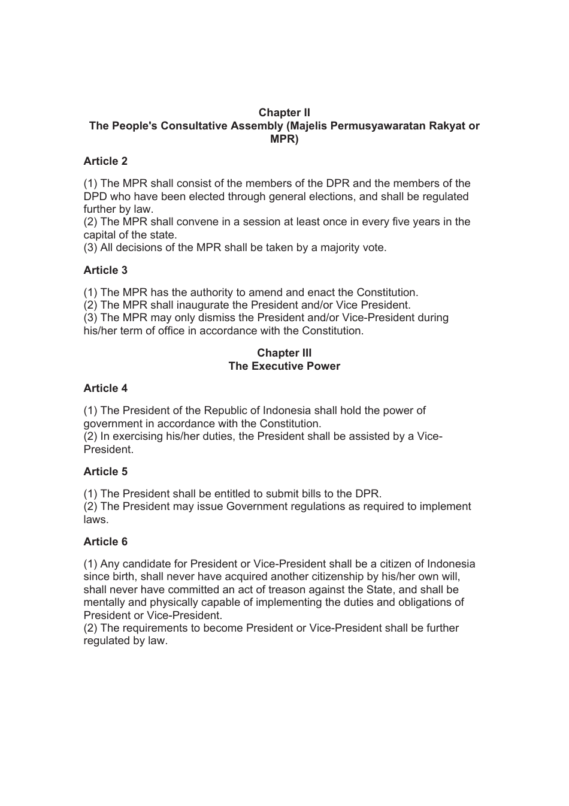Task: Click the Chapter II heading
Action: tap(284, 113)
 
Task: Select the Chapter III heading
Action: tap(284, 353)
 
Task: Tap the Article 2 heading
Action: tap(105, 161)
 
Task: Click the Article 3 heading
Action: tap(105, 270)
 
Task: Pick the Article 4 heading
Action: tap(105, 388)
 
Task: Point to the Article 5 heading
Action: tap(105, 472)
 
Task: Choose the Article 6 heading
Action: tap(105, 542)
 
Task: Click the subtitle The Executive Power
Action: tap(284, 366)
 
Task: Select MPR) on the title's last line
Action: tap(284, 139)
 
